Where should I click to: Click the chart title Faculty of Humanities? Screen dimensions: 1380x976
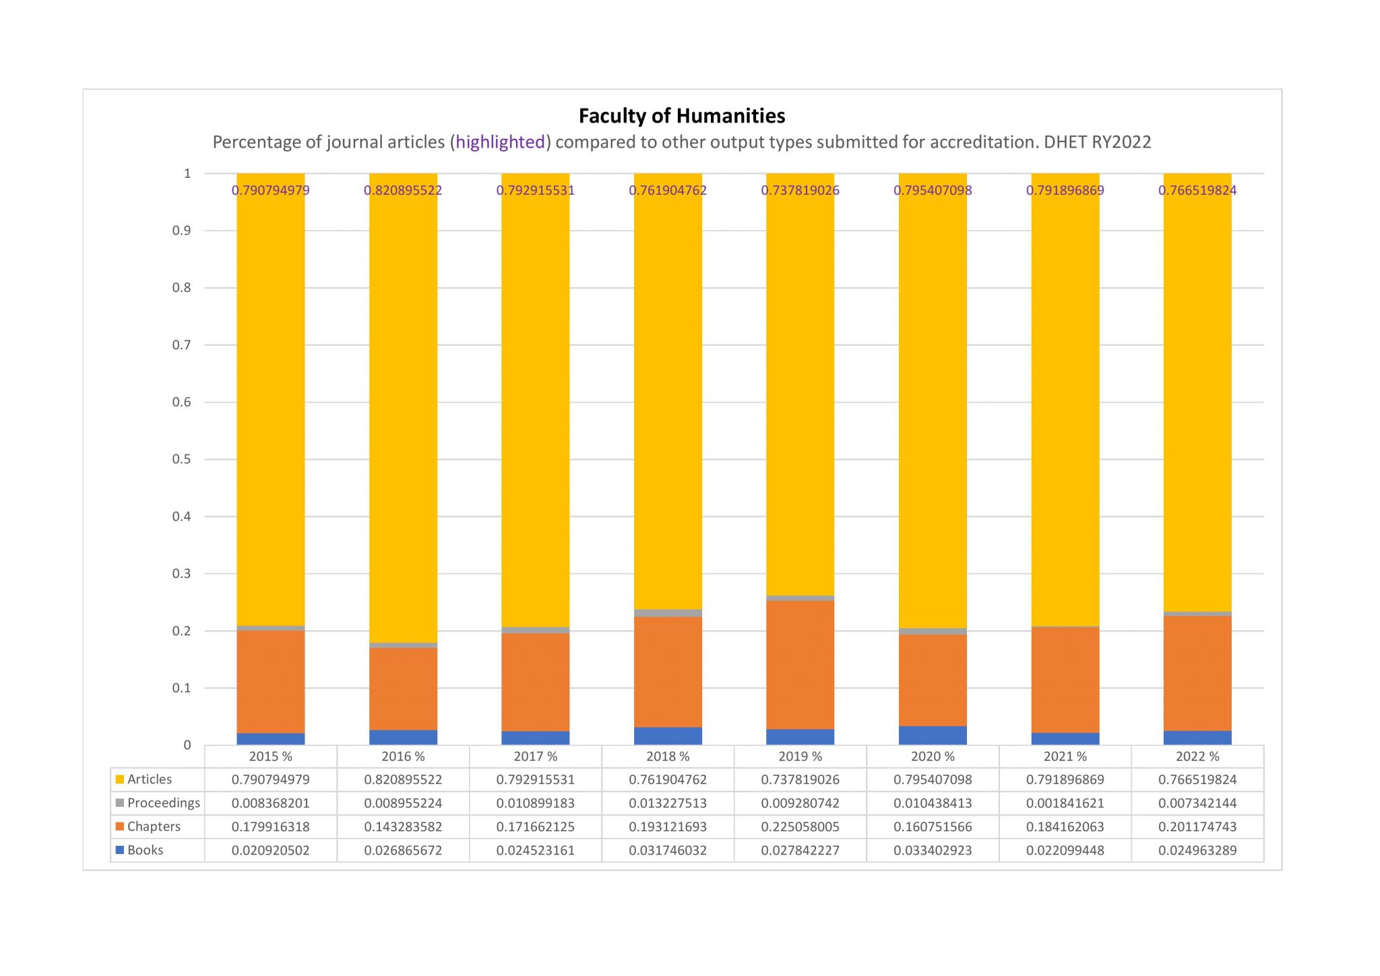pos(682,116)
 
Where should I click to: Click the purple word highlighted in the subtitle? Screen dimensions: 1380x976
pos(500,142)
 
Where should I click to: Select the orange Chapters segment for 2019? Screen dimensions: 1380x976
pos(800,665)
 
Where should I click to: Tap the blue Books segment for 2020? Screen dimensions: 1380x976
pos(933,735)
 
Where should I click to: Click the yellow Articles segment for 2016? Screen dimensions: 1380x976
pos(403,408)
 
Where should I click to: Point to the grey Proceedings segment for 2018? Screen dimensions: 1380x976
pos(668,613)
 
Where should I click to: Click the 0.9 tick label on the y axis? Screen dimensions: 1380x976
pos(182,231)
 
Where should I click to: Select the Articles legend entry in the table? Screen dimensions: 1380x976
pos(144,779)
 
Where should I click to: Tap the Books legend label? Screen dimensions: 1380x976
pos(139,850)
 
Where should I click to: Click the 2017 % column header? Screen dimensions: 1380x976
pos(536,756)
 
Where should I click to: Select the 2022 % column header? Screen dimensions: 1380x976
pos(1197,756)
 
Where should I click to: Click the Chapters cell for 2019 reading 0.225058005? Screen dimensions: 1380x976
pos(801,826)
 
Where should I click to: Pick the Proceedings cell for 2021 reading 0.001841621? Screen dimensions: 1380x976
pos(1065,803)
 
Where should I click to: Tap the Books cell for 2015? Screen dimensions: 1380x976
pos(271,850)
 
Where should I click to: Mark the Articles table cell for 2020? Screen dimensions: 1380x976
pos(933,779)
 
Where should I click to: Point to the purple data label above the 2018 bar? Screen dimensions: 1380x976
pos(668,190)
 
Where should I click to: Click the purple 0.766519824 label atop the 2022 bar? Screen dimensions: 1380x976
pos(1197,190)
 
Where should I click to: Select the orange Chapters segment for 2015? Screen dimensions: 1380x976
pos(270,682)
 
